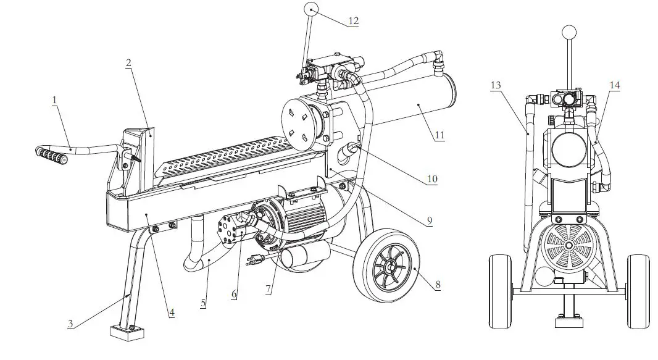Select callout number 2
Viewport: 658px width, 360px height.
[x=128, y=63]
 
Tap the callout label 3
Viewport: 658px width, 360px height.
[x=71, y=323]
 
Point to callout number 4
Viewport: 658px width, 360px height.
[x=172, y=312]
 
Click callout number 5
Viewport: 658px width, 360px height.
[x=204, y=303]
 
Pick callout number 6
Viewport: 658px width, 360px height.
[x=234, y=295]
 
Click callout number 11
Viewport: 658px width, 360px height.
[x=439, y=134]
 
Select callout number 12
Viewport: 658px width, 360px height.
[x=353, y=20]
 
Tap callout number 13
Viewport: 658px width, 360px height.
[x=496, y=85]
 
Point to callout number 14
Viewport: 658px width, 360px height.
[x=615, y=85]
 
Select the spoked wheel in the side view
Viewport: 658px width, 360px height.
[x=386, y=266]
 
